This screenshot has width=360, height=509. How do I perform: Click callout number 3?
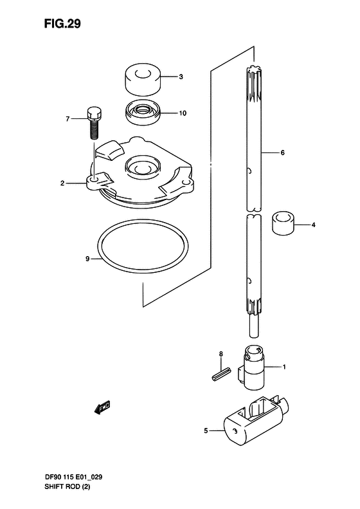[181, 77]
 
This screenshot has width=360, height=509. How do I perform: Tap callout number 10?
[183, 113]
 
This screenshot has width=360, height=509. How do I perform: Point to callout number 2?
[63, 183]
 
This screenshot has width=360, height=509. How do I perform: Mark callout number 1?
[283, 367]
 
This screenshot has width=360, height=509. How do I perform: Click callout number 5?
[206, 430]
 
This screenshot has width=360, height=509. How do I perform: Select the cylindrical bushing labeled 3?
[141, 78]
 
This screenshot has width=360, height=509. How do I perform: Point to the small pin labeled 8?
[220, 373]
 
